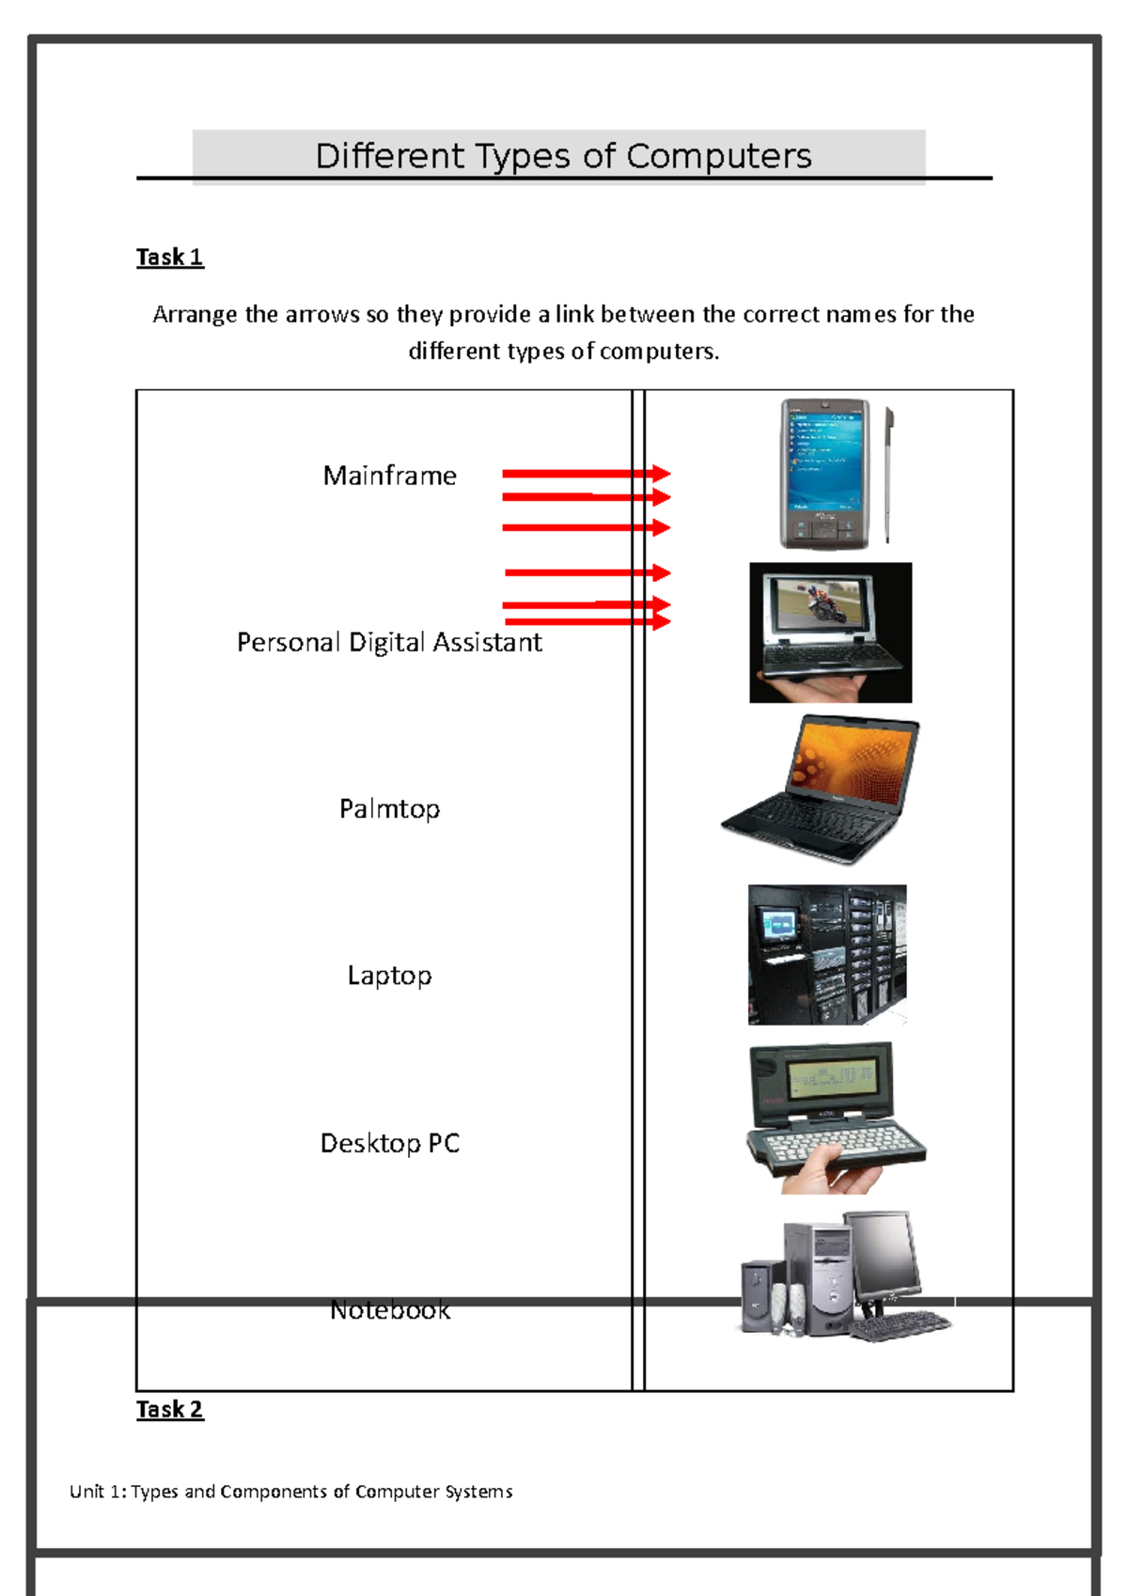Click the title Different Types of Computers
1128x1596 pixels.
pos(563,156)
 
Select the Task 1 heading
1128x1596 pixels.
pos(169,257)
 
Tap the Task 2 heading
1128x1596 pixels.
pos(169,1409)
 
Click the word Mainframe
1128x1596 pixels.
pos(389,476)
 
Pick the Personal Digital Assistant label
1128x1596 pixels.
pos(389,642)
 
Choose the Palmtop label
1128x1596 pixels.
pos(389,808)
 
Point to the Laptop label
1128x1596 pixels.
pos(389,976)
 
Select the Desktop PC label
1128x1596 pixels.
pos(389,1143)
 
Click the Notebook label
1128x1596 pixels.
pos(389,1310)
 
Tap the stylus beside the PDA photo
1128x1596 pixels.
pos(888,475)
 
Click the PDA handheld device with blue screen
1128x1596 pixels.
pos(824,473)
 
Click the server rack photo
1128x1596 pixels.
pos(827,954)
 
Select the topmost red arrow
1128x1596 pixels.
pos(586,474)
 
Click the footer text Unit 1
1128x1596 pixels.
pos(290,1492)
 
